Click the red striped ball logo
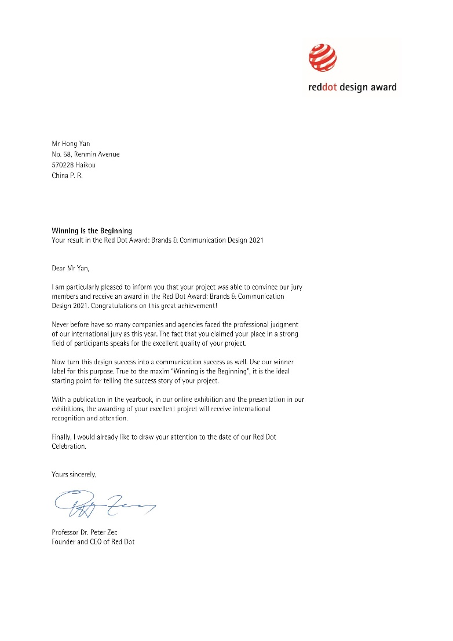click(x=323, y=58)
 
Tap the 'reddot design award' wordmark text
click(x=352, y=87)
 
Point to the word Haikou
click(x=86, y=165)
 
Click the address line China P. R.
click(x=67, y=175)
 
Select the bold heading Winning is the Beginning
click(x=92, y=231)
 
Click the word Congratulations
click(x=116, y=305)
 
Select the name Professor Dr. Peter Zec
click(x=85, y=532)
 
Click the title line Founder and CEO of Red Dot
click(x=93, y=542)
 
